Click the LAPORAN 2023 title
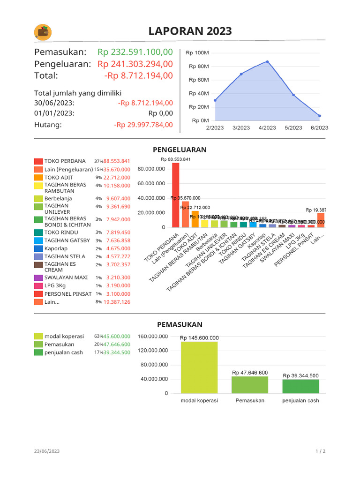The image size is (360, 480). click(190, 31)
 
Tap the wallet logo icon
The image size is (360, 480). click(43, 32)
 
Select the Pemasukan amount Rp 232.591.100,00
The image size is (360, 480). click(135, 52)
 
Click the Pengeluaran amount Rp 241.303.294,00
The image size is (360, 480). click(135, 64)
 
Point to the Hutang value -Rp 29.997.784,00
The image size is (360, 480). click(143, 125)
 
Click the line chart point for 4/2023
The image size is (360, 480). click(267, 61)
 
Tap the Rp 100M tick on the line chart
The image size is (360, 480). click(197, 53)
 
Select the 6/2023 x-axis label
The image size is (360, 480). click(319, 128)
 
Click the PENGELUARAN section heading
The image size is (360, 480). click(180, 150)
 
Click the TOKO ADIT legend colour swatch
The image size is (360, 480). click(38, 178)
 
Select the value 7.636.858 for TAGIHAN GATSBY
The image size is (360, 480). click(118, 241)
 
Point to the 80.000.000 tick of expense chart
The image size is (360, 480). click(151, 169)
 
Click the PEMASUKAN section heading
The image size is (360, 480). click(180, 324)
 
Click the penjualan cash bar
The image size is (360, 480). click(300, 386)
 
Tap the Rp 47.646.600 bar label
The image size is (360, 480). click(250, 373)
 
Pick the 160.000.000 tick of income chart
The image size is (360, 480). click(153, 337)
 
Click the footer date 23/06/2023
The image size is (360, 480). click(47, 451)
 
